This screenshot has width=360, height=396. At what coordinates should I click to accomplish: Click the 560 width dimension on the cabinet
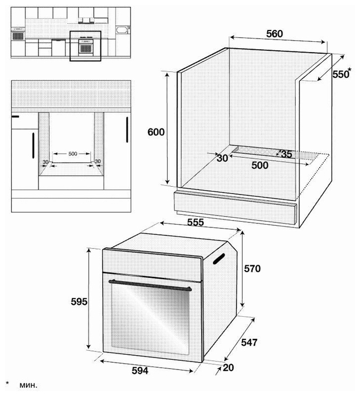[x=275, y=34]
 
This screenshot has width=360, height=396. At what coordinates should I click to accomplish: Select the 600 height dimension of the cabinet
[x=156, y=132]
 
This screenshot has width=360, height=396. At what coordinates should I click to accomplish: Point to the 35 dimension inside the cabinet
[x=287, y=154]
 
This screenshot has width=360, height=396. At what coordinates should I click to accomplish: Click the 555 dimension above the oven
[x=196, y=222]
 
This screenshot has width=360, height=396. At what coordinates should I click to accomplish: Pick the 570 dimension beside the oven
[x=252, y=269]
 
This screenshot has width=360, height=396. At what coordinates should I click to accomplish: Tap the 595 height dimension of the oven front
[x=79, y=302]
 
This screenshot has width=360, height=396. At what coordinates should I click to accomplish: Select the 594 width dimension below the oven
[x=140, y=371]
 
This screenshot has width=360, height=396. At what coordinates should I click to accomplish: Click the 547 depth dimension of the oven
[x=249, y=342]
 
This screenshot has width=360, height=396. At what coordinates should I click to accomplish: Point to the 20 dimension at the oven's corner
[x=228, y=368]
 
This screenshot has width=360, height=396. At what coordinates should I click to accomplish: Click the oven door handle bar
[x=150, y=285]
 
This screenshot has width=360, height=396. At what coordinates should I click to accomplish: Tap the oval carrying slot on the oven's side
[x=219, y=259]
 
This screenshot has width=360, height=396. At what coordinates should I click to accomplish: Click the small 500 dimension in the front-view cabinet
[x=73, y=153]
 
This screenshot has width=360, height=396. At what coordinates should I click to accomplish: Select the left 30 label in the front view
[x=45, y=162]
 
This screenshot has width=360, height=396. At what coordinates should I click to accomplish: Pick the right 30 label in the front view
[x=98, y=161]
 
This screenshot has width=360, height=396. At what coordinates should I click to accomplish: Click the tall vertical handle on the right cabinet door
[x=127, y=130]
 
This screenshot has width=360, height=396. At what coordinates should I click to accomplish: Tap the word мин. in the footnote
[x=28, y=385]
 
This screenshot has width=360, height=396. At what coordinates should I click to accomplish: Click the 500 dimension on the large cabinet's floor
[x=260, y=165]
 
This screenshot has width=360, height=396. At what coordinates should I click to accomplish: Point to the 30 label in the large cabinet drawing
[x=222, y=158]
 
